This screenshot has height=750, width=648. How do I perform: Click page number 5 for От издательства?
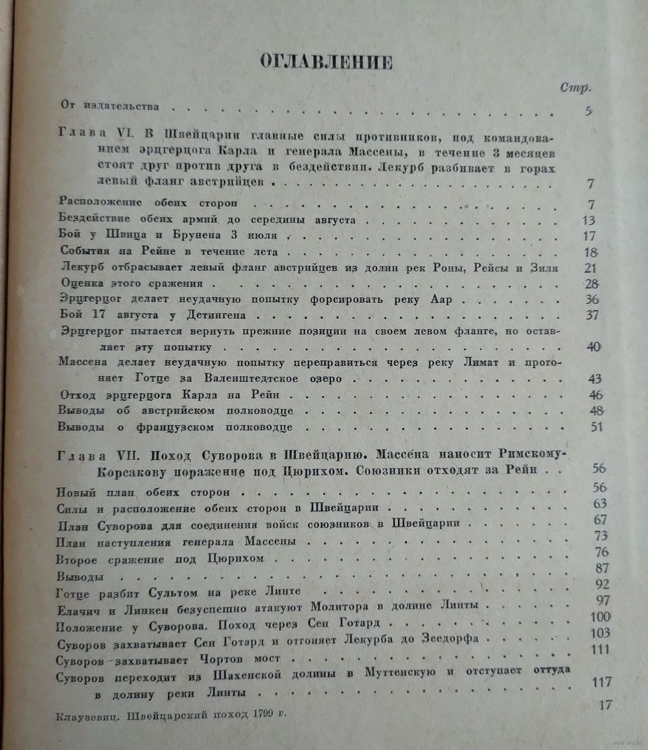click(588, 110)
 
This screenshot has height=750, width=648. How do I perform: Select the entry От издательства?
click(110, 106)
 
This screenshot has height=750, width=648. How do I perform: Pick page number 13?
click(588, 220)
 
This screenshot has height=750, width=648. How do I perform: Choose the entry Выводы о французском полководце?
click(175, 428)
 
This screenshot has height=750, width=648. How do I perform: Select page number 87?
click(601, 568)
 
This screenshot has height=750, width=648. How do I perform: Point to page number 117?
click(603, 683)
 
